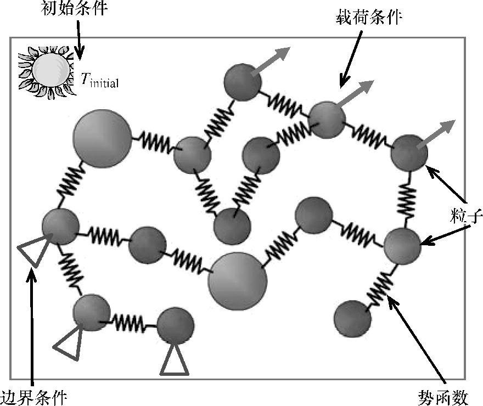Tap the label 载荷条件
[369, 18]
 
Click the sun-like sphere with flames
[50, 71]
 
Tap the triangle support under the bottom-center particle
[175, 359]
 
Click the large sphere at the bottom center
[238, 281]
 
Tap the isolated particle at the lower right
[352, 319]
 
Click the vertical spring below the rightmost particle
[407, 200]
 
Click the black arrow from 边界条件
[32, 324]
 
